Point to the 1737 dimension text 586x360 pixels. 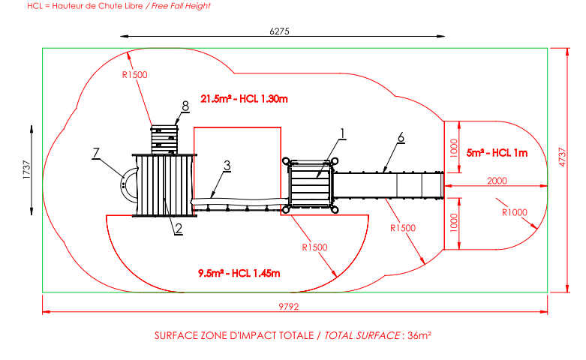pyautogui.click(x=25, y=169)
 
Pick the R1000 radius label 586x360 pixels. pyautogui.click(x=513, y=212)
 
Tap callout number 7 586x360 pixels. pyautogui.click(x=96, y=153)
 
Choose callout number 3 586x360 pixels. pyautogui.click(x=227, y=165)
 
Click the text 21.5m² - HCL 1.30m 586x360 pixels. pyautogui.click(x=244, y=98)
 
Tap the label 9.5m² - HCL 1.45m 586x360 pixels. pyautogui.click(x=239, y=272)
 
